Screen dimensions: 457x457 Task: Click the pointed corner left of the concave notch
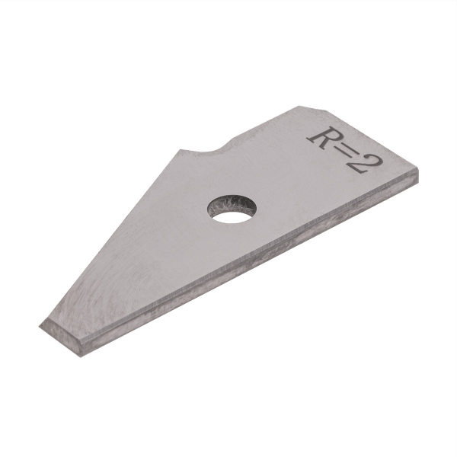(181, 148)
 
